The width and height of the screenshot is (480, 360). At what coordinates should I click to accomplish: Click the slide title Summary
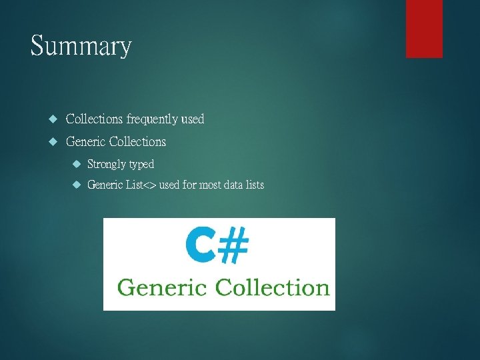point(81,47)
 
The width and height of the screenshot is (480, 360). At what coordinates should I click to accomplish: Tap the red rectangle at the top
point(424,28)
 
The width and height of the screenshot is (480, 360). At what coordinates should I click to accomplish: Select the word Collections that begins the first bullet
point(94,119)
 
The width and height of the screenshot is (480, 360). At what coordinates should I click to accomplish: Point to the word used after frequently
point(192,119)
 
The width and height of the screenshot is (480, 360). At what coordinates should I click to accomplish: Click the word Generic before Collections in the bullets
point(85,141)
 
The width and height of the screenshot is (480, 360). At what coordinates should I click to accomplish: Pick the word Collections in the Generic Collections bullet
point(137,141)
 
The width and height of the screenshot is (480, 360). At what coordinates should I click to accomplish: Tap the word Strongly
point(107,164)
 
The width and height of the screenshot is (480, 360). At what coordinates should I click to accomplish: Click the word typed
point(141,164)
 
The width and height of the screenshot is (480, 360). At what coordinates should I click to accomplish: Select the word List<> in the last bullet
point(141,185)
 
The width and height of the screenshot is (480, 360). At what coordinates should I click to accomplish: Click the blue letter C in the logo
point(200,244)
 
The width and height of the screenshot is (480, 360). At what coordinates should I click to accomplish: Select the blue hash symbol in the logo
point(233,244)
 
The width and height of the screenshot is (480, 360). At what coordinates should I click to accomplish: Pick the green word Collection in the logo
point(273,287)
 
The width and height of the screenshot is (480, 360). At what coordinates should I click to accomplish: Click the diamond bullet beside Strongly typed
point(77,164)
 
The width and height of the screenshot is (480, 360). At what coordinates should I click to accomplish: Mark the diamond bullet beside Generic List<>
point(77,185)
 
